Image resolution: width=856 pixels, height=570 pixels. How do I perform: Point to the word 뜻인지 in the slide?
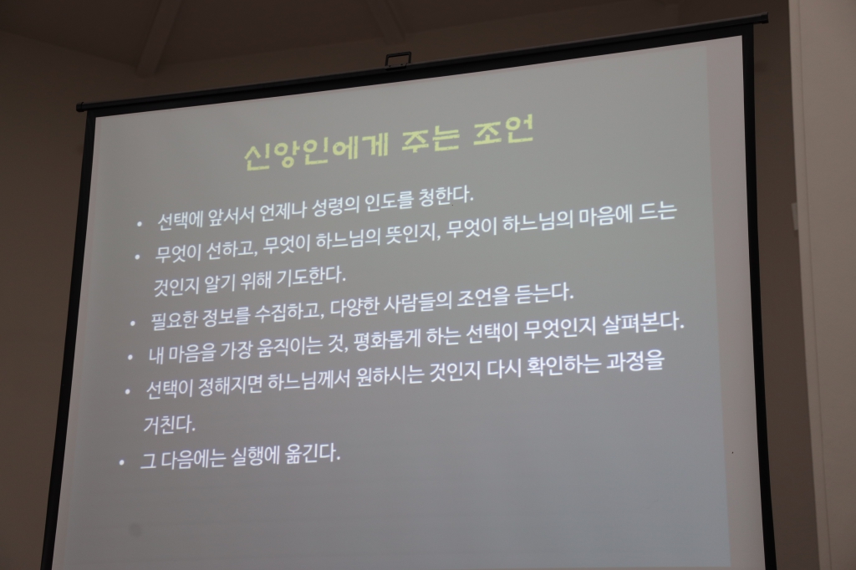point(408,237)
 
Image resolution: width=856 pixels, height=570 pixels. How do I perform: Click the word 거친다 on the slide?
point(170,424)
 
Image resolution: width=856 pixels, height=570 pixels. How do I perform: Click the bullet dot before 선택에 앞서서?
point(140,224)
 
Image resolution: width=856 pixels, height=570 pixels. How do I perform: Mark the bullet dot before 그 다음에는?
point(122,461)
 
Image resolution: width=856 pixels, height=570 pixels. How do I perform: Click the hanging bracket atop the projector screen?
point(398,59)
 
